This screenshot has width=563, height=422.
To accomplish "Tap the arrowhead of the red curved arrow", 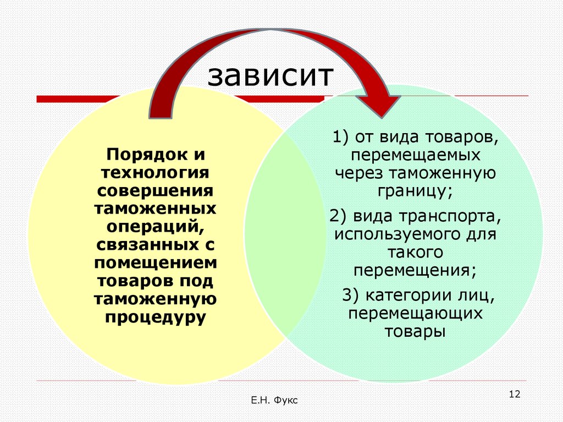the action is [379, 105].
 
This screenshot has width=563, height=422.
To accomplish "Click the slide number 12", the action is [515, 394].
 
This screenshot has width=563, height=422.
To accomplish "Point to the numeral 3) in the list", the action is [351, 295].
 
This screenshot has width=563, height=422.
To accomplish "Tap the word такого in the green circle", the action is [415, 253].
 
